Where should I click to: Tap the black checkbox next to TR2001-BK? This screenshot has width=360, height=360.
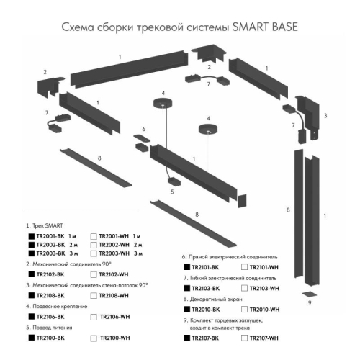coord(30,236)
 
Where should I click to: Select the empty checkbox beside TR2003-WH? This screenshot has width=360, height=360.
coord(94,254)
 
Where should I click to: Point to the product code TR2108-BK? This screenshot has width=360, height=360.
coord(51,295)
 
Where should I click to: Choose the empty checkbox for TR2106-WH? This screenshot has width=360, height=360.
coord(94,316)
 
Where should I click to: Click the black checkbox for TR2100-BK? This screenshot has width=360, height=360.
coord(30,337)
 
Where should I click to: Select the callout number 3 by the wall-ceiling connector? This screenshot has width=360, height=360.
coord(325,115)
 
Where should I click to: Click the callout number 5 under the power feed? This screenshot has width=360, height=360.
coord(172,192)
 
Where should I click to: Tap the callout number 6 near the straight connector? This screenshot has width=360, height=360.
coord(143,129)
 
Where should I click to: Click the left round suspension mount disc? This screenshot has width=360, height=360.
coord(163,102)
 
